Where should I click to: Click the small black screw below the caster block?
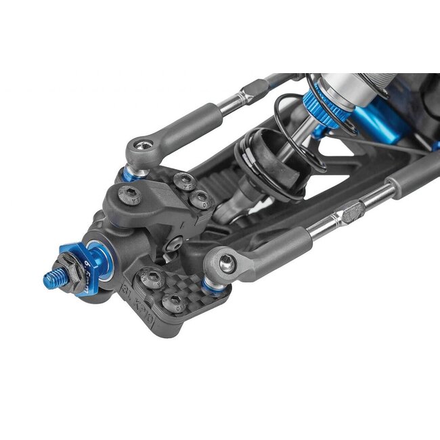click(x=175, y=242)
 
